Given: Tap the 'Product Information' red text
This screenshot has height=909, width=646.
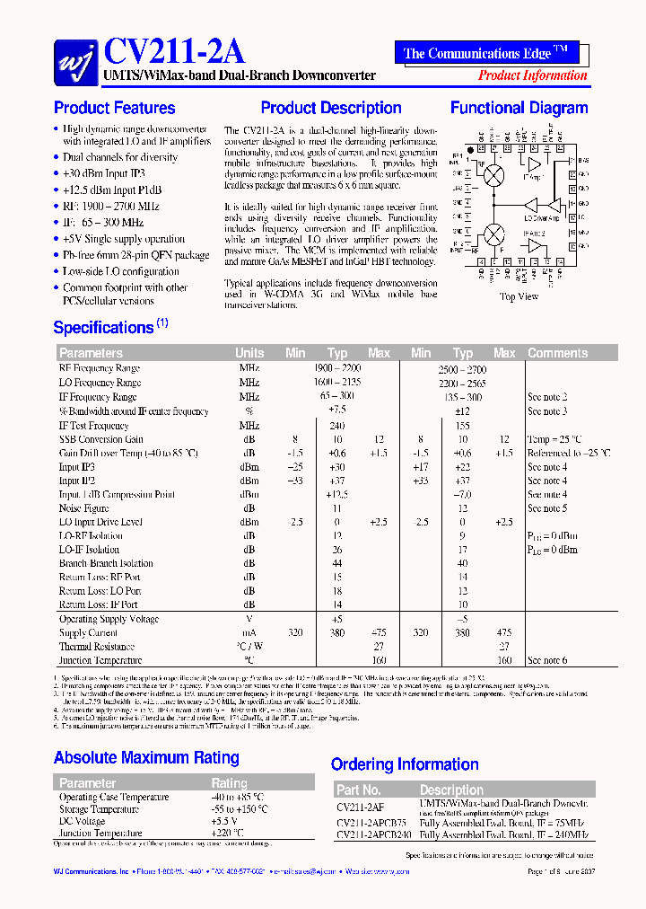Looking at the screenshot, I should point(532,75).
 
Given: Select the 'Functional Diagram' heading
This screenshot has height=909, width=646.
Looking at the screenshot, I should point(519,108).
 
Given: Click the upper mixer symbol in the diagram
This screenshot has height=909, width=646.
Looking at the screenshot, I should point(493,176).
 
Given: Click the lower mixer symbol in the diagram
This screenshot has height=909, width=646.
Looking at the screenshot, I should point(493,234).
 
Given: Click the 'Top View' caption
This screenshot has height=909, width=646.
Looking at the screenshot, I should point(519,296).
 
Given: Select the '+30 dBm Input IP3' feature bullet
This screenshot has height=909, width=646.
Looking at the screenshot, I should point(103,173).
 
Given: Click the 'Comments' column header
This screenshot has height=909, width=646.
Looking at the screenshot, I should point(557,353).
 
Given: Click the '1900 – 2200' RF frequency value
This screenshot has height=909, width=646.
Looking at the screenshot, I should point(336,368).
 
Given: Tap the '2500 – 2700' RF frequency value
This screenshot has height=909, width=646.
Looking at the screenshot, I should point(462,368).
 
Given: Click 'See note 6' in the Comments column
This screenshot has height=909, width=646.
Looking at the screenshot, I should point(547,660).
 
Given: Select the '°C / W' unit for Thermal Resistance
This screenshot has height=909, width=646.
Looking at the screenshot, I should point(249,647).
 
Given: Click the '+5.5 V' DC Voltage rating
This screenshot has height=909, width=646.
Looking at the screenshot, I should point(224,821).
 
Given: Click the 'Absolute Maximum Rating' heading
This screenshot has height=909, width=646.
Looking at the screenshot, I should point(146,757).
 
